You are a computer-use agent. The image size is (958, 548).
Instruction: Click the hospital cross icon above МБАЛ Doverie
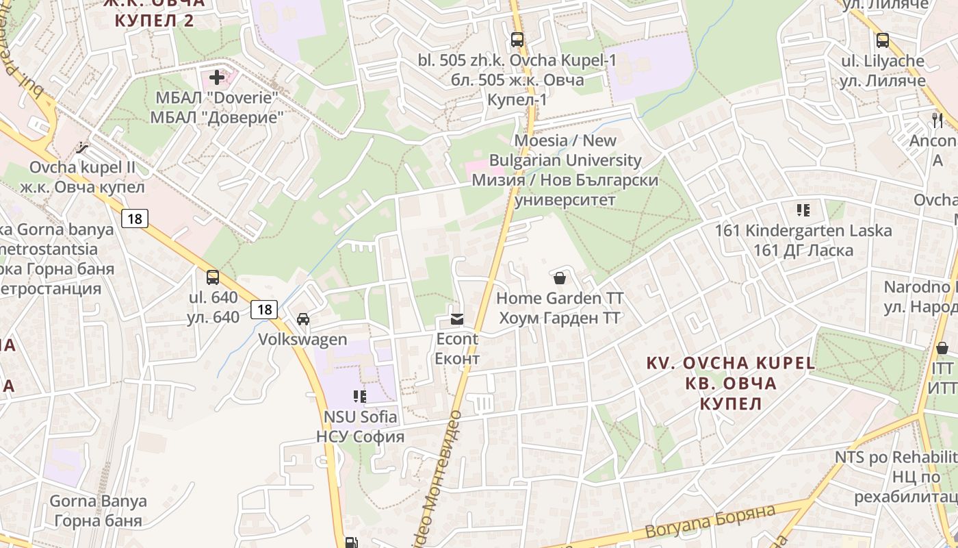(217, 77)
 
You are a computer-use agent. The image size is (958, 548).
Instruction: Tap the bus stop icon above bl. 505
(517, 40)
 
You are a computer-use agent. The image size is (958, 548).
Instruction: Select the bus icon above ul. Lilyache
(883, 40)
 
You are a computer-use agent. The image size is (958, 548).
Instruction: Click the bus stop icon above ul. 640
(213, 277)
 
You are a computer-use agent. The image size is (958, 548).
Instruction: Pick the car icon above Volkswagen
(303, 319)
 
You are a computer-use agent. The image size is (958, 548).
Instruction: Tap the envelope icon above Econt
(457, 319)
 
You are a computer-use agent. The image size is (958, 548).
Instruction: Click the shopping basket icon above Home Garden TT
(560, 278)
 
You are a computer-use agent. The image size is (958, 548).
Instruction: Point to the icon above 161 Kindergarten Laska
(803, 210)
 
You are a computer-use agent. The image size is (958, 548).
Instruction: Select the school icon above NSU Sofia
(360, 396)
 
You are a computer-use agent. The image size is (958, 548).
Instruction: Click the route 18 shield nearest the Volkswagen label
(264, 310)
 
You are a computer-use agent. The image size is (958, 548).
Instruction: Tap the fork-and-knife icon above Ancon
(937, 121)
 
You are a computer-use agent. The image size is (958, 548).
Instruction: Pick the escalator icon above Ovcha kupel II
(83, 147)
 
